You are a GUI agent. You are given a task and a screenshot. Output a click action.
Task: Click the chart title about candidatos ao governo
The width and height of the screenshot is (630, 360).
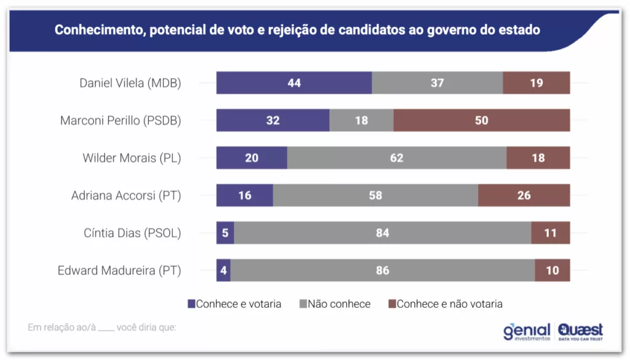click(297, 30)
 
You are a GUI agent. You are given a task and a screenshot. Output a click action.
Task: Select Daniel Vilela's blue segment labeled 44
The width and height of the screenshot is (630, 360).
click(294, 83)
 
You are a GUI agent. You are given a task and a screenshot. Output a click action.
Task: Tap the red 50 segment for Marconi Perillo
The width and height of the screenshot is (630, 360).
click(481, 121)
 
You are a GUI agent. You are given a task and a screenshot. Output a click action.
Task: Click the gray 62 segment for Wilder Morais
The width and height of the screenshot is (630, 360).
click(397, 158)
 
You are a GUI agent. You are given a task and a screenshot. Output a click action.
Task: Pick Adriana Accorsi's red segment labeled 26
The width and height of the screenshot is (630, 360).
click(524, 196)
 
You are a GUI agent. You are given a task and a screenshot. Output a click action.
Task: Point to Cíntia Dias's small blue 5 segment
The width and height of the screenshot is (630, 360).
click(225, 233)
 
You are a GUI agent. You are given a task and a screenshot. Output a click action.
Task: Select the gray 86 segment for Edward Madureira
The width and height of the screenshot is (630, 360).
click(383, 271)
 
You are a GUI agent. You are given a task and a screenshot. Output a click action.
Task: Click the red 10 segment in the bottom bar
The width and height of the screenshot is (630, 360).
click(552, 271)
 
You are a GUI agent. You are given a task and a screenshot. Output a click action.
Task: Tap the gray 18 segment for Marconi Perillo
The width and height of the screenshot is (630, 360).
click(361, 121)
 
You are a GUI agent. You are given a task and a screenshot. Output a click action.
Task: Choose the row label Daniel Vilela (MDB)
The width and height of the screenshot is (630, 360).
click(130, 83)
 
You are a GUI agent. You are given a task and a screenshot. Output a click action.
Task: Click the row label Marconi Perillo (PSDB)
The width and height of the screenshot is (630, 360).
click(121, 121)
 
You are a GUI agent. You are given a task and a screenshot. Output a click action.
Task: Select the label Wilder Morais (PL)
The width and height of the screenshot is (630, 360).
click(132, 158)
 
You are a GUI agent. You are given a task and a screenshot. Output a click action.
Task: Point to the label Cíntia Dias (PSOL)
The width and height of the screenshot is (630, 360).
click(132, 233)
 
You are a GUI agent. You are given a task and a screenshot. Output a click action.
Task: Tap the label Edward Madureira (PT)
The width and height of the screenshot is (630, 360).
click(119, 271)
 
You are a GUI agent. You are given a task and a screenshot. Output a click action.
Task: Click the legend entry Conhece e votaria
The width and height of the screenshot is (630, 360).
click(234, 304)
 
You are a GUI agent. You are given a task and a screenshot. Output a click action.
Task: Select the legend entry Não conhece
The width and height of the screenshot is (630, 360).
click(335, 304)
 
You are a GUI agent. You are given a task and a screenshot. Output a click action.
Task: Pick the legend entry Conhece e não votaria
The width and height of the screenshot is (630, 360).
click(445, 304)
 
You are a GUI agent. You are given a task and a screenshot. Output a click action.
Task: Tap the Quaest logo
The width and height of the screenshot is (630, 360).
click(580, 332)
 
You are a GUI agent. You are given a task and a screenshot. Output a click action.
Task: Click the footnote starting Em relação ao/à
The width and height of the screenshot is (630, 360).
click(102, 327)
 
